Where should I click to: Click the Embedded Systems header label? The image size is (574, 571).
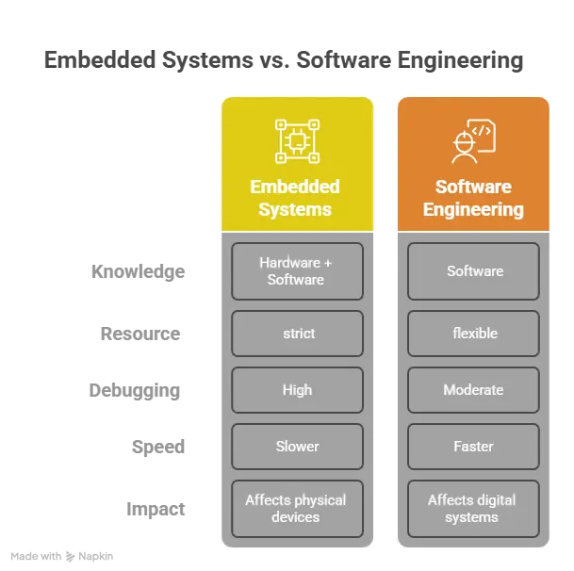[x=295, y=198]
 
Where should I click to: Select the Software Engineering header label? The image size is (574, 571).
[x=473, y=198]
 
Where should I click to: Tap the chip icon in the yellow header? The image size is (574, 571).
[x=297, y=141]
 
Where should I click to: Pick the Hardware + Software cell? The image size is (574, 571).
[x=297, y=271]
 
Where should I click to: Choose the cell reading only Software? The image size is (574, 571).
[x=474, y=271]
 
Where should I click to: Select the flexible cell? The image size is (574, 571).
[x=474, y=334]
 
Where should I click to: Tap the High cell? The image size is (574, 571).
[x=297, y=390]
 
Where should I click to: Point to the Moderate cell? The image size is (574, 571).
[x=473, y=390]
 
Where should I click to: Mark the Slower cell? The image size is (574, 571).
[x=297, y=447]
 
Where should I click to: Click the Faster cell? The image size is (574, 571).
[x=473, y=447]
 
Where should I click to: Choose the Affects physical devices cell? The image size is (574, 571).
[x=296, y=509]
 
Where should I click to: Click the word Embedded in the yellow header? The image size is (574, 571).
[x=295, y=187]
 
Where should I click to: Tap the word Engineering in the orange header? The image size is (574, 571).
[x=473, y=209]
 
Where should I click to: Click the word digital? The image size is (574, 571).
[x=496, y=500]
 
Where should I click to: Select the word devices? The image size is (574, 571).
[x=296, y=517]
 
